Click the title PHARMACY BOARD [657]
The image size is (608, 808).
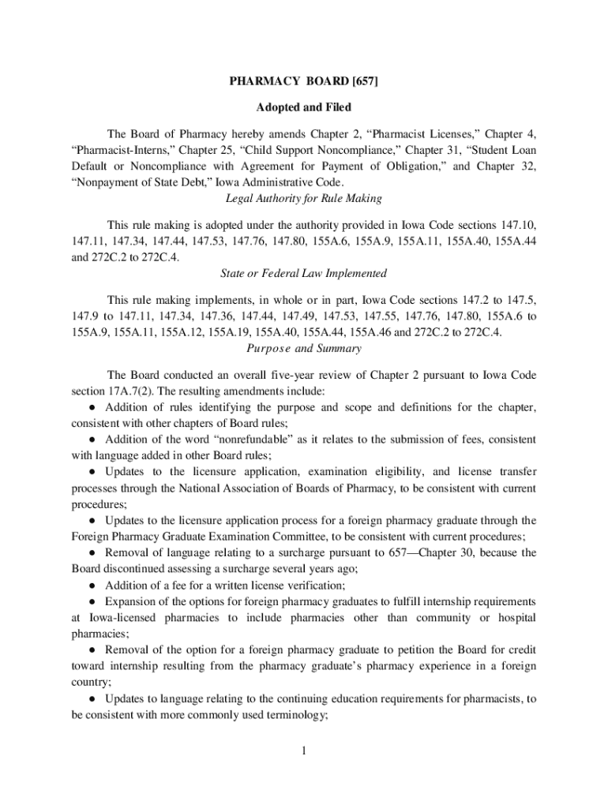[304, 81]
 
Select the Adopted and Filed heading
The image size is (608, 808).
[304, 107]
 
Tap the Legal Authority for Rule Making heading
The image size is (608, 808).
[304, 198]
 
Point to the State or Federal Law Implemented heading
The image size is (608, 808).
[304, 273]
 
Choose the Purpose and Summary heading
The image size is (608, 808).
[304, 348]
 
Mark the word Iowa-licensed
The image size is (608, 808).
[112, 617]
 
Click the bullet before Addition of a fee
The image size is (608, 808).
[93, 585]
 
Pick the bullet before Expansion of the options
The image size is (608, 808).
[93, 601]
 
